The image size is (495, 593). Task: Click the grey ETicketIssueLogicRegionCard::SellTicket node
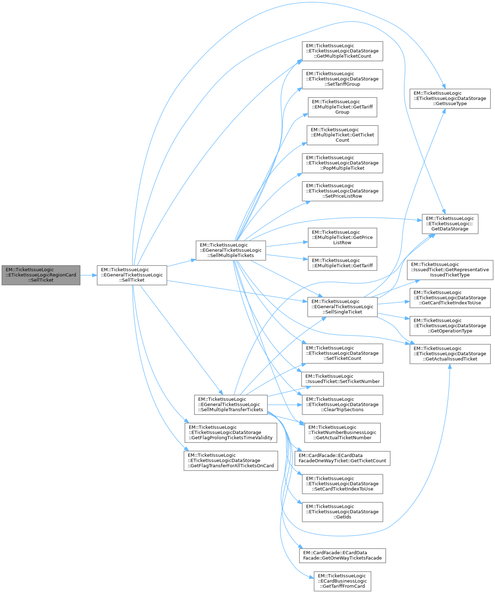click(x=41, y=275)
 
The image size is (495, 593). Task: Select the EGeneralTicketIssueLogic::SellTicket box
click(x=132, y=275)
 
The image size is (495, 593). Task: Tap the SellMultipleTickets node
click(x=231, y=250)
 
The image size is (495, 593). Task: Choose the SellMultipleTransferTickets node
click(x=231, y=405)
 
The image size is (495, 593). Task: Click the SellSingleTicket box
click(x=342, y=307)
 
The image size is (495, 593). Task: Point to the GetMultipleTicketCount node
click(x=342, y=51)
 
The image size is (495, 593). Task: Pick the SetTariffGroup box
click(x=342, y=79)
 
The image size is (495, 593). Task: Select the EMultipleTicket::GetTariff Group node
click(x=342, y=107)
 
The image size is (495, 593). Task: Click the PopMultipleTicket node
click(x=342, y=163)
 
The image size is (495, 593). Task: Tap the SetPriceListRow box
click(x=342, y=191)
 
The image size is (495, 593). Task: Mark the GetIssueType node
click(x=450, y=99)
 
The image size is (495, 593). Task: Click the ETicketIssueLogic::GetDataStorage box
click(x=450, y=224)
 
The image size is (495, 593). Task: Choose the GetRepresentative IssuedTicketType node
click(x=450, y=270)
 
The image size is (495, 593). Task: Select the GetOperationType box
click(x=450, y=326)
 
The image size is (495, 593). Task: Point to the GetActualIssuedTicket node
click(x=450, y=354)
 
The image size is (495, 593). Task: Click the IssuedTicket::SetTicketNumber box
click(x=342, y=379)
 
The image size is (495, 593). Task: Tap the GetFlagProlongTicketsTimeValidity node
click(x=231, y=432)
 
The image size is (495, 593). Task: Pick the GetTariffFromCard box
click(x=342, y=581)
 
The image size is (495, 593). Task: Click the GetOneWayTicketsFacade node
click(x=342, y=556)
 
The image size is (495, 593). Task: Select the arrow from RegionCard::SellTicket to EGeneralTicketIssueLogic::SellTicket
click(x=89, y=275)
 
